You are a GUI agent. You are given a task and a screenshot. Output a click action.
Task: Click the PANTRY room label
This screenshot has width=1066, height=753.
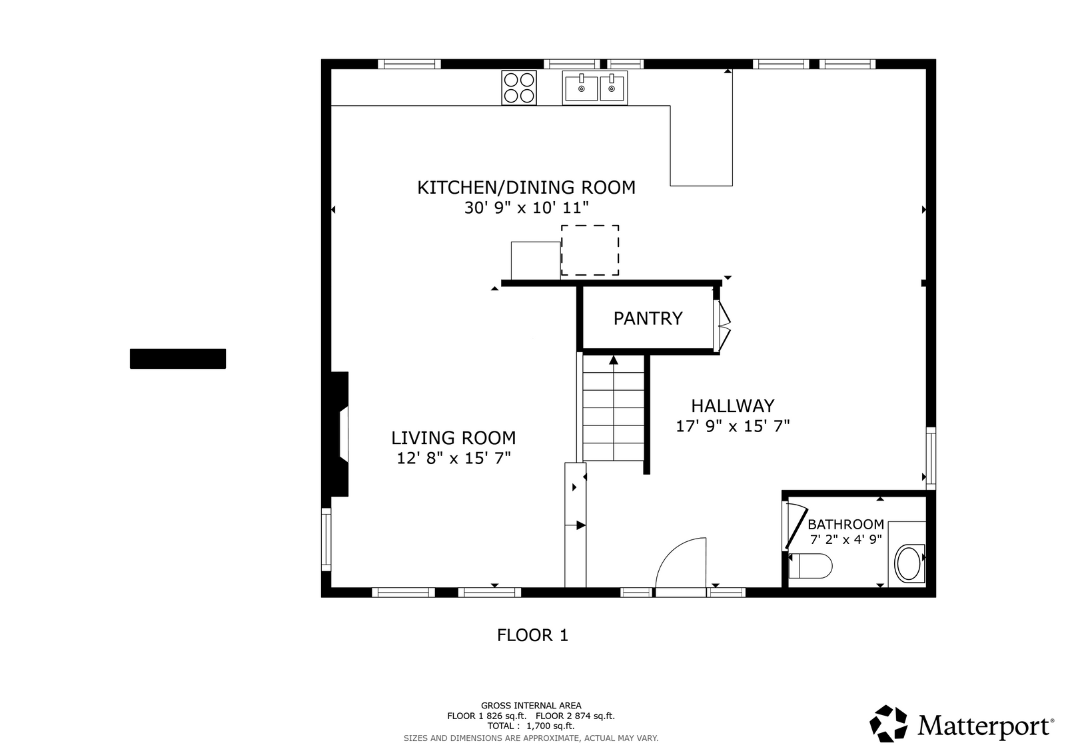648,318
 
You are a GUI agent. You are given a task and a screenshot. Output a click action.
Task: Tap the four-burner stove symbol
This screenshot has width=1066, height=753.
519,88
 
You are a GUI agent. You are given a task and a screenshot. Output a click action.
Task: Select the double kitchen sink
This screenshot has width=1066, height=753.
595,88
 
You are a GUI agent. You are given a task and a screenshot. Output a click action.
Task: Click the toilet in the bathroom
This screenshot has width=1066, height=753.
810,566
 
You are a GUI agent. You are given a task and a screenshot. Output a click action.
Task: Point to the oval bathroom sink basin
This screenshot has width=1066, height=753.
909,563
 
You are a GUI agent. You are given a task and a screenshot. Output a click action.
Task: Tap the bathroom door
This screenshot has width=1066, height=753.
796,527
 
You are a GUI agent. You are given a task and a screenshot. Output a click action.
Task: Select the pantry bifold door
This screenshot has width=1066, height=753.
722,326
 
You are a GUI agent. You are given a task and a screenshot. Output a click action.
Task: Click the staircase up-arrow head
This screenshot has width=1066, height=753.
614,360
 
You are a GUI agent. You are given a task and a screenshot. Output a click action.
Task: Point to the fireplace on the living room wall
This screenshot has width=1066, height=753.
339,434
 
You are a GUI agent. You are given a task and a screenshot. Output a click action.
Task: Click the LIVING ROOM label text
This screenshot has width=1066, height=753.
454,437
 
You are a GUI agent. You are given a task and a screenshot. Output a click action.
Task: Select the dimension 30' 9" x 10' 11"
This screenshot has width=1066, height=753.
526,208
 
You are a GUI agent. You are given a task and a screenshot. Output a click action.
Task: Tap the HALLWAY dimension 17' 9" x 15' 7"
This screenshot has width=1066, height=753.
733,426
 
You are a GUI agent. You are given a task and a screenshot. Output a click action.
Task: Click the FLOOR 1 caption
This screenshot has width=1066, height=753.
532,635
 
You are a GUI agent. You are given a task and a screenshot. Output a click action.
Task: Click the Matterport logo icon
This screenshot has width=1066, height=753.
888,724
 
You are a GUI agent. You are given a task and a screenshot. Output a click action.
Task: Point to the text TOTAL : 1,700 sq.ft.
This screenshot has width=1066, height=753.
530,726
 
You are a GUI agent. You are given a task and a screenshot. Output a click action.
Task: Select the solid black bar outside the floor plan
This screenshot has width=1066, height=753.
178,359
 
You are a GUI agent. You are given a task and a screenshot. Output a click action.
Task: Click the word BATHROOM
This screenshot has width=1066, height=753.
845,525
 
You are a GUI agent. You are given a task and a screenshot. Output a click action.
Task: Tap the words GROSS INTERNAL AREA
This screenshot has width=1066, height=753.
531,706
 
